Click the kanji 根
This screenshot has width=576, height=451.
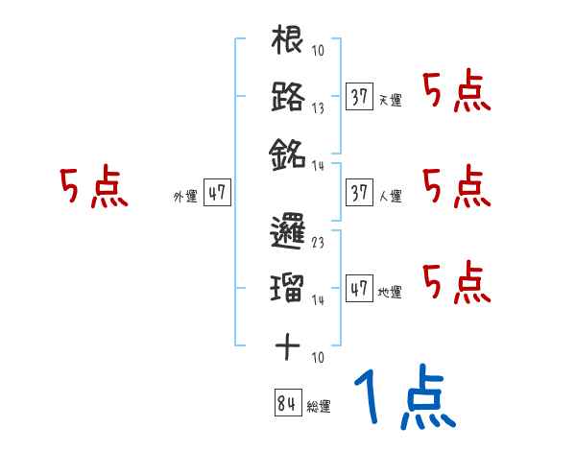[288, 41]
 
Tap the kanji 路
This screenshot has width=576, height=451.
[288, 97]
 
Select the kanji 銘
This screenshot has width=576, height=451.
[288, 153]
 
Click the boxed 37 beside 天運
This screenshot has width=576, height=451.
[359, 96]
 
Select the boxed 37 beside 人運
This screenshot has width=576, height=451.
[359, 192]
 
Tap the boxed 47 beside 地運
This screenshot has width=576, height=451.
[359, 288]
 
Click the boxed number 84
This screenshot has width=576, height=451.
[286, 403]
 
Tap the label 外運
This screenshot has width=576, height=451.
[184, 196]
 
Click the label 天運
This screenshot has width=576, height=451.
[390, 100]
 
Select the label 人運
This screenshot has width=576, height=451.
[390, 196]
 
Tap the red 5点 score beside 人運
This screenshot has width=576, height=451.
[457, 186]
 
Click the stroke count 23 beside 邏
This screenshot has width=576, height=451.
[319, 244]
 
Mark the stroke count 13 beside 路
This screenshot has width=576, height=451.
[319, 108]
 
